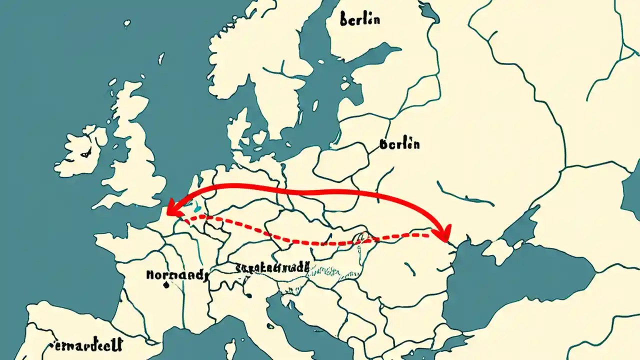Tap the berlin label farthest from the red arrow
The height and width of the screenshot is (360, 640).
click(x=359, y=19)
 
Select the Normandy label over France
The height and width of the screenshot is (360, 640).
click(x=175, y=274)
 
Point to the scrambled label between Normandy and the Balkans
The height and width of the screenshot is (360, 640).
click(x=272, y=267)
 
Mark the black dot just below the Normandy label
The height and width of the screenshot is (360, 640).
click(x=165, y=286)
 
